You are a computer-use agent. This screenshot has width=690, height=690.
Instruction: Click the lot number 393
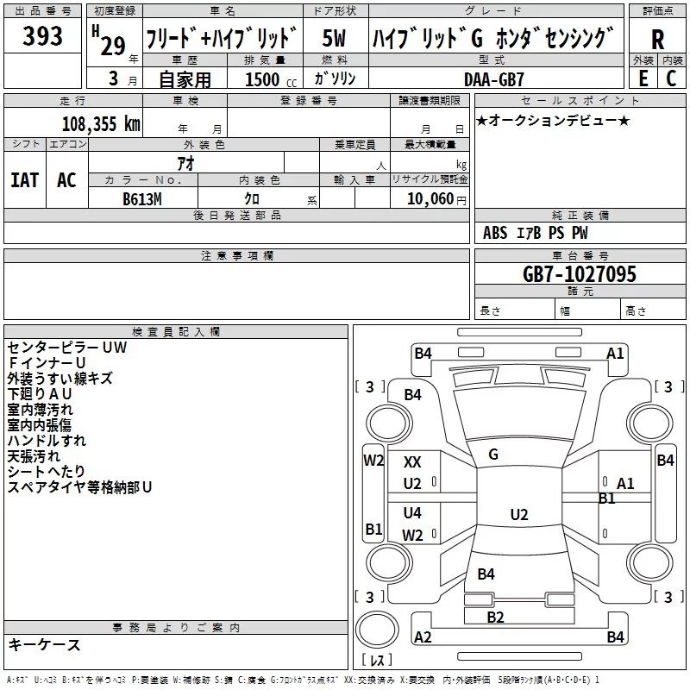coord(42,36)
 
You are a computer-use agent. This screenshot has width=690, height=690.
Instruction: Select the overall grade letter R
coord(657,39)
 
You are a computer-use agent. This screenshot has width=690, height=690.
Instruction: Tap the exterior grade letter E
coord(643,77)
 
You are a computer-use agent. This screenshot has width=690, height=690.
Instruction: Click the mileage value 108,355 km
coord(101,123)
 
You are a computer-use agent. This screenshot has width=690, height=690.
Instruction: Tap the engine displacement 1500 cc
coord(267,79)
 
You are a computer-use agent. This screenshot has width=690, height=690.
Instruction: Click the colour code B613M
coord(142,198)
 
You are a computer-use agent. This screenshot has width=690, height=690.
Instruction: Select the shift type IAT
coord(24,179)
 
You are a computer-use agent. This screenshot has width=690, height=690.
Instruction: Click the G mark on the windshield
coord(493,455)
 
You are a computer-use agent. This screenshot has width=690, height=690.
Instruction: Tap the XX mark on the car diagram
coord(413,462)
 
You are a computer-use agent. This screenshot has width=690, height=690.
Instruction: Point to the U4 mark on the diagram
coord(413,513)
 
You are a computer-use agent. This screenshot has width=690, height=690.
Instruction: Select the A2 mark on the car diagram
coord(423,637)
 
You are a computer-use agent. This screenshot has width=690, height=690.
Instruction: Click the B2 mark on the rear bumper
coord(495,617)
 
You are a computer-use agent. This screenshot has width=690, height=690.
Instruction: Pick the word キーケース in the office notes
coord(45,645)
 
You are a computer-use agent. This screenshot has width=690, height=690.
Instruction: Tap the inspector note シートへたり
coord(47,472)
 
